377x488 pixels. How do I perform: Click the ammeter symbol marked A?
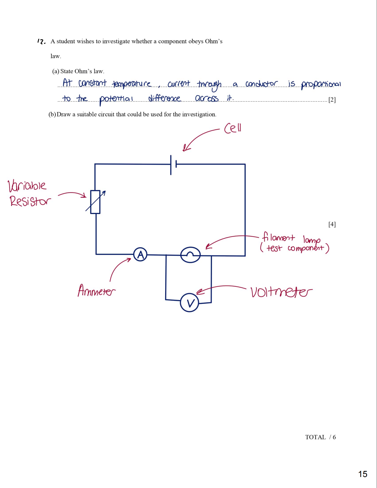coord(140,255)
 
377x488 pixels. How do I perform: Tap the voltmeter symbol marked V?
coord(190,303)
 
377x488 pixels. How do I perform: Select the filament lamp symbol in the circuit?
coord(190,255)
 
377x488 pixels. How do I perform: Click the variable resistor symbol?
coord(95,202)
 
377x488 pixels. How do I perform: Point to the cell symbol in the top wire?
coord(173,165)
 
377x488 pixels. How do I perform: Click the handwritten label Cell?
coord(233,128)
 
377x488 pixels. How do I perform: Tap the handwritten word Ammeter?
coord(96,290)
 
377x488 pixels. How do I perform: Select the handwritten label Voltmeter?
coord(281,292)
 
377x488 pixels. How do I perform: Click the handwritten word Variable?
coord(27,186)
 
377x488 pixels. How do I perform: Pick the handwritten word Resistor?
coord(30,201)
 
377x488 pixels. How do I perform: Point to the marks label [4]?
coord(332,224)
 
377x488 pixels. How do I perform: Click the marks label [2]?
coord(332,100)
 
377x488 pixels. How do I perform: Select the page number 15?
coord(363,474)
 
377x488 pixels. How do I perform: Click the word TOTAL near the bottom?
coord(315,437)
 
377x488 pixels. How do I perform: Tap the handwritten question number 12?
coord(41,42)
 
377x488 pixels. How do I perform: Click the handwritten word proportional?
coord(321,84)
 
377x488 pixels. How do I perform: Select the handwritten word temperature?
coord(132,84)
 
